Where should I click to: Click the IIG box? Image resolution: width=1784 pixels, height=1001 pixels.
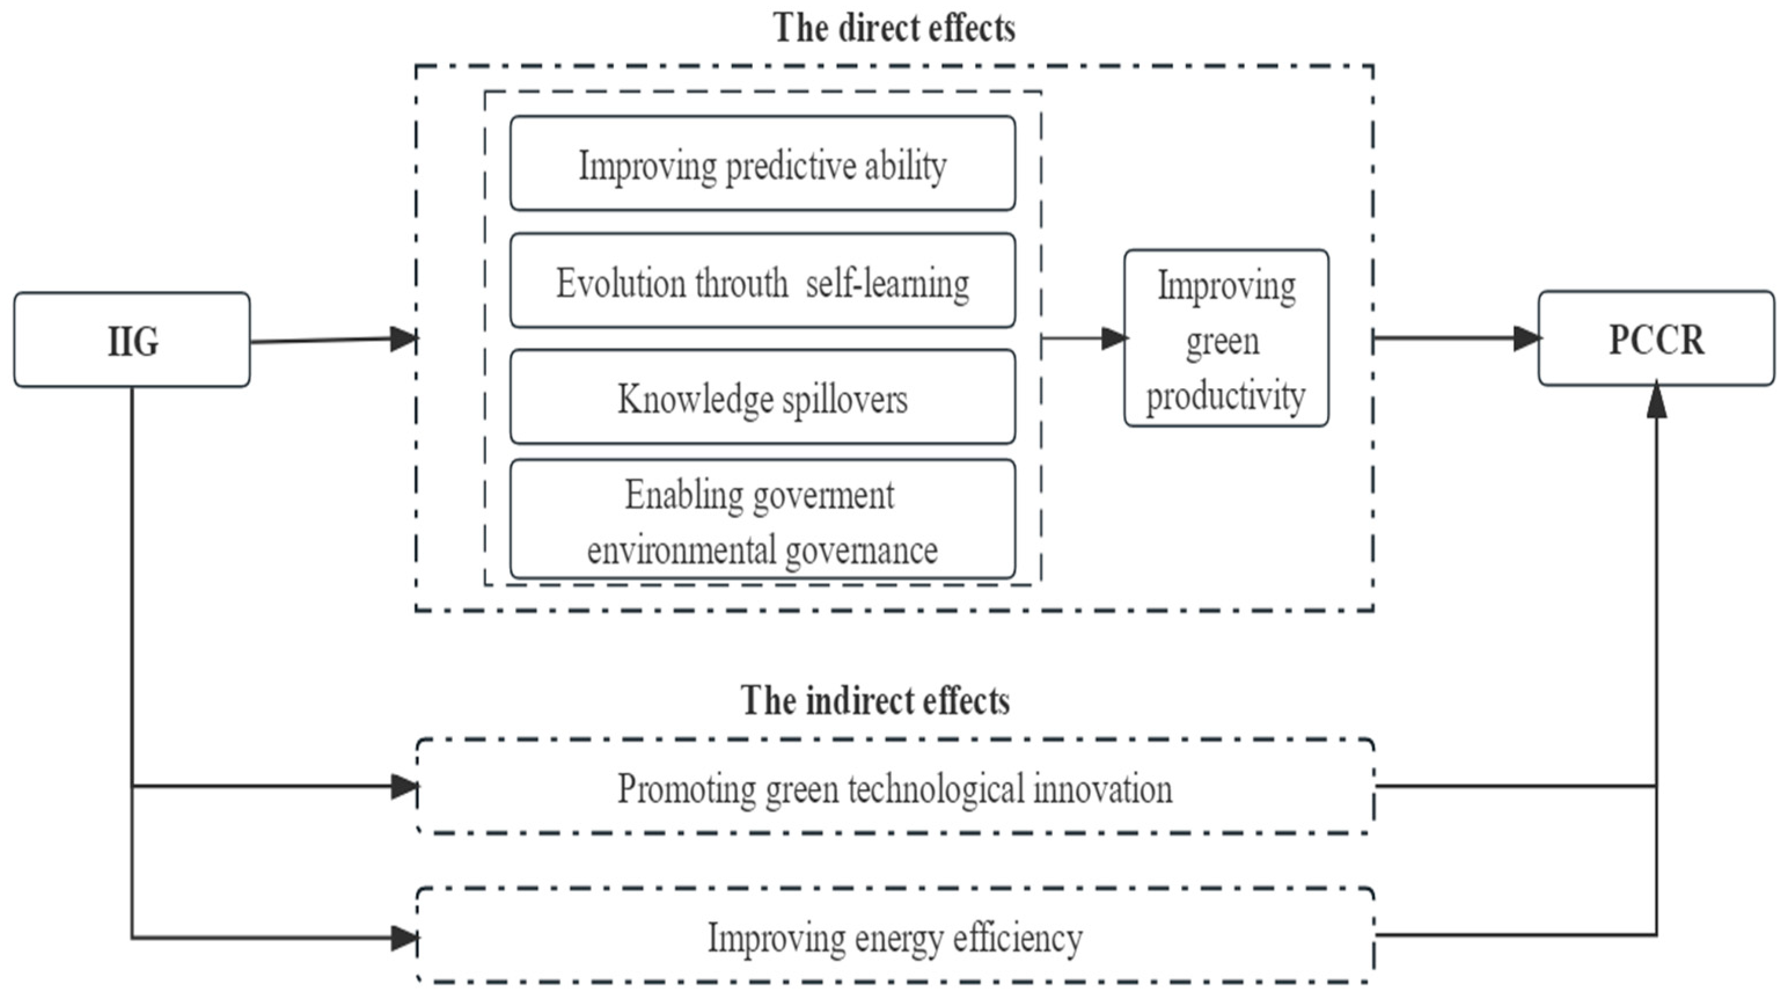[x=131, y=339]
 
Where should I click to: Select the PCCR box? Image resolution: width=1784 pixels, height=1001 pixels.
[x=1656, y=338]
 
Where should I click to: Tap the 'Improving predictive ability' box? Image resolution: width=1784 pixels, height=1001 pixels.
[x=763, y=163]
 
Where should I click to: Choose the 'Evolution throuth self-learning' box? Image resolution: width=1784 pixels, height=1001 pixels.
[x=763, y=281]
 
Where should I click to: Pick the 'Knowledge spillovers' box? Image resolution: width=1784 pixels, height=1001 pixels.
[x=763, y=397]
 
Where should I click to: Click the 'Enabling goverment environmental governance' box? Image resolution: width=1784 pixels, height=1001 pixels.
[x=763, y=519]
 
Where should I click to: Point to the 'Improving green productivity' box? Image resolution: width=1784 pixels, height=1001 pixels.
[x=1226, y=338]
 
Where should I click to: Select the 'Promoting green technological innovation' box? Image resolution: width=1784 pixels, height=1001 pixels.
[x=895, y=787]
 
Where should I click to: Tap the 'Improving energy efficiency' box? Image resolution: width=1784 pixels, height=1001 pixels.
[x=895, y=936]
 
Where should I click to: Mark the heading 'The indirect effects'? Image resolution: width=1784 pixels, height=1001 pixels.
[x=875, y=701]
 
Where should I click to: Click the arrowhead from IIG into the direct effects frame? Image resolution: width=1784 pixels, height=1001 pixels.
[x=404, y=338]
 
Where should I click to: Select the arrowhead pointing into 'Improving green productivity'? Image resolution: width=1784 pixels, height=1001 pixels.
[x=1114, y=338]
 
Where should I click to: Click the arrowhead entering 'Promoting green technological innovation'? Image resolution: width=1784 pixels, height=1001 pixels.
[x=404, y=786]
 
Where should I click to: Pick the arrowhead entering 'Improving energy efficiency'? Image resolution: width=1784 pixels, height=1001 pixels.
[x=404, y=938]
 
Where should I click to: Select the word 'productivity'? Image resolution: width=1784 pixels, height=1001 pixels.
[x=1226, y=395]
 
